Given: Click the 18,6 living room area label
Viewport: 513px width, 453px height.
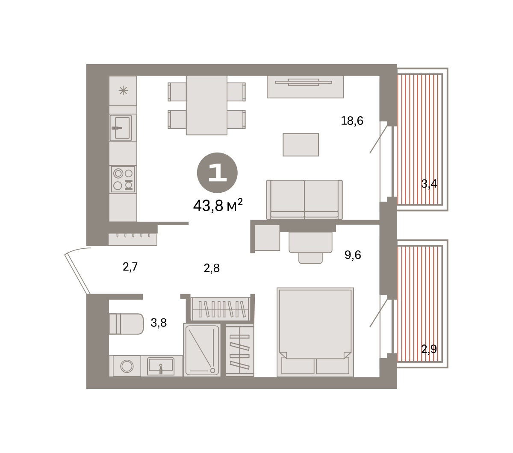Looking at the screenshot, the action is point(352,121).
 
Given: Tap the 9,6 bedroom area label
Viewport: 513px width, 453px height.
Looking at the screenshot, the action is point(352,255).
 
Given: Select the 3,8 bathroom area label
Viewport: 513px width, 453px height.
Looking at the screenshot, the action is point(159,323).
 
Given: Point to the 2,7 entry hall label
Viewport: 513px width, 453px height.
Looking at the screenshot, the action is point(130,267).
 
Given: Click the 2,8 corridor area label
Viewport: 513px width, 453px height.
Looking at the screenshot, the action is point(212,268).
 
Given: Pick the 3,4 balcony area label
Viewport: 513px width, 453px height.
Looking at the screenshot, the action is point(429,184).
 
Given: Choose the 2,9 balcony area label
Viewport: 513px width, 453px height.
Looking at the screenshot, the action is point(429,349).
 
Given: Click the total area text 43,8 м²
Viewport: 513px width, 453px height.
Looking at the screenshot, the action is point(218,205).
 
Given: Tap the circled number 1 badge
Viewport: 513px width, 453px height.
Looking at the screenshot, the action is point(217,173).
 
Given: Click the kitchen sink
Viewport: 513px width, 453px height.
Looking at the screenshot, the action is point(121,128).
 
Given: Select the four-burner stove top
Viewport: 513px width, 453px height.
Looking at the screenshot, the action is point(123,179).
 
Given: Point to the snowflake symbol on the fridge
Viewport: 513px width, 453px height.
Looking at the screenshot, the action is point(123,91).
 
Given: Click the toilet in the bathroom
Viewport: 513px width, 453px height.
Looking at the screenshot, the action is point(127,324).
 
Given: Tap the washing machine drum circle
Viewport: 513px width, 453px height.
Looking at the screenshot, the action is point(127,366).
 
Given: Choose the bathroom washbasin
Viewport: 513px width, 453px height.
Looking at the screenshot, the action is point(161,366).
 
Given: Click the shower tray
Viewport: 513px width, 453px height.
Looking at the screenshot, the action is point(202,350).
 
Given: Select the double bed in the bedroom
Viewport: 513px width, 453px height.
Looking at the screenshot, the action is point(315,332).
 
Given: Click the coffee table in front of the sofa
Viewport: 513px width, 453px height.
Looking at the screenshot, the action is point(301,145).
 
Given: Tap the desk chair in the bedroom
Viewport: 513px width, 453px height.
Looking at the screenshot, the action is point(310,258).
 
